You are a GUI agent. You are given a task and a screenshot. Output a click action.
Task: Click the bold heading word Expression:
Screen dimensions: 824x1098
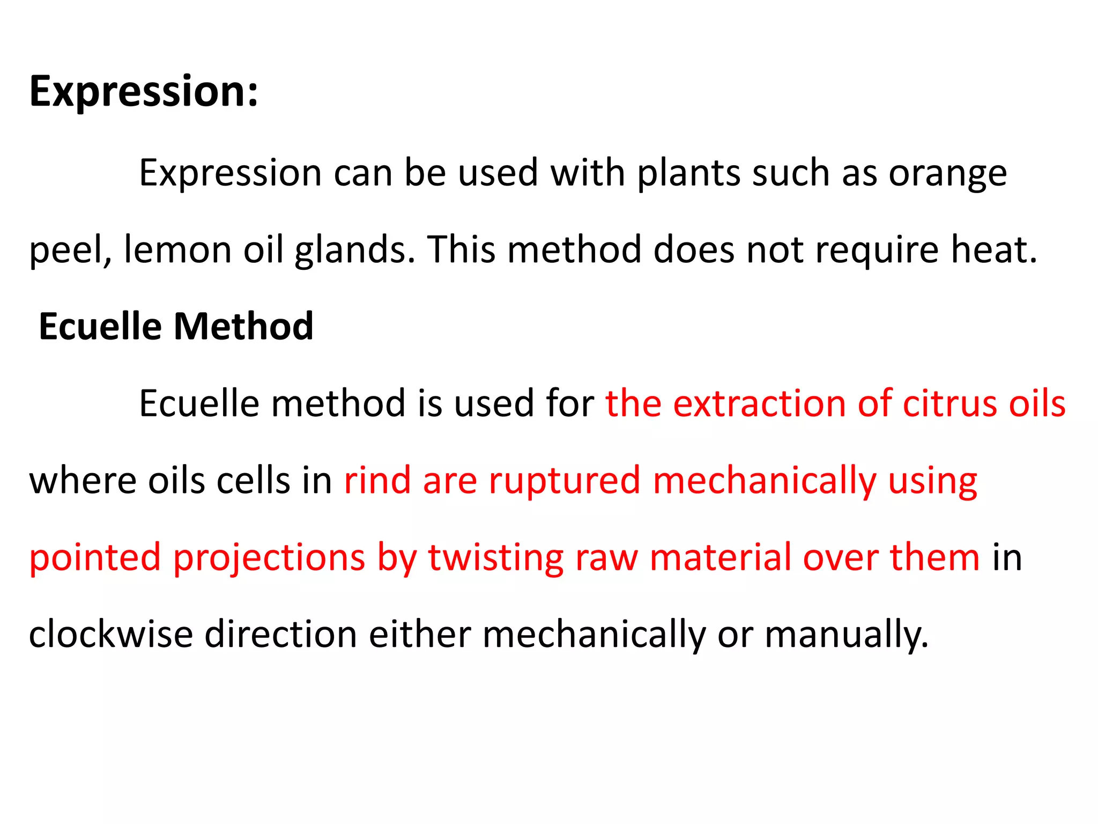coord(144,91)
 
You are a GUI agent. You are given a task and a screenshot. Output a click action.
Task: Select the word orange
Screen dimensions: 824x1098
coord(947,174)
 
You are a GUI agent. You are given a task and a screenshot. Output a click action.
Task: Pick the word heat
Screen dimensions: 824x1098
coord(993,250)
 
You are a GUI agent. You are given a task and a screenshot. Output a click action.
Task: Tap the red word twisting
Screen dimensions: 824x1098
coord(495,558)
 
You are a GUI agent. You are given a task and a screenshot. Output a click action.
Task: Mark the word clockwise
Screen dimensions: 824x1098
coord(110,634)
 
